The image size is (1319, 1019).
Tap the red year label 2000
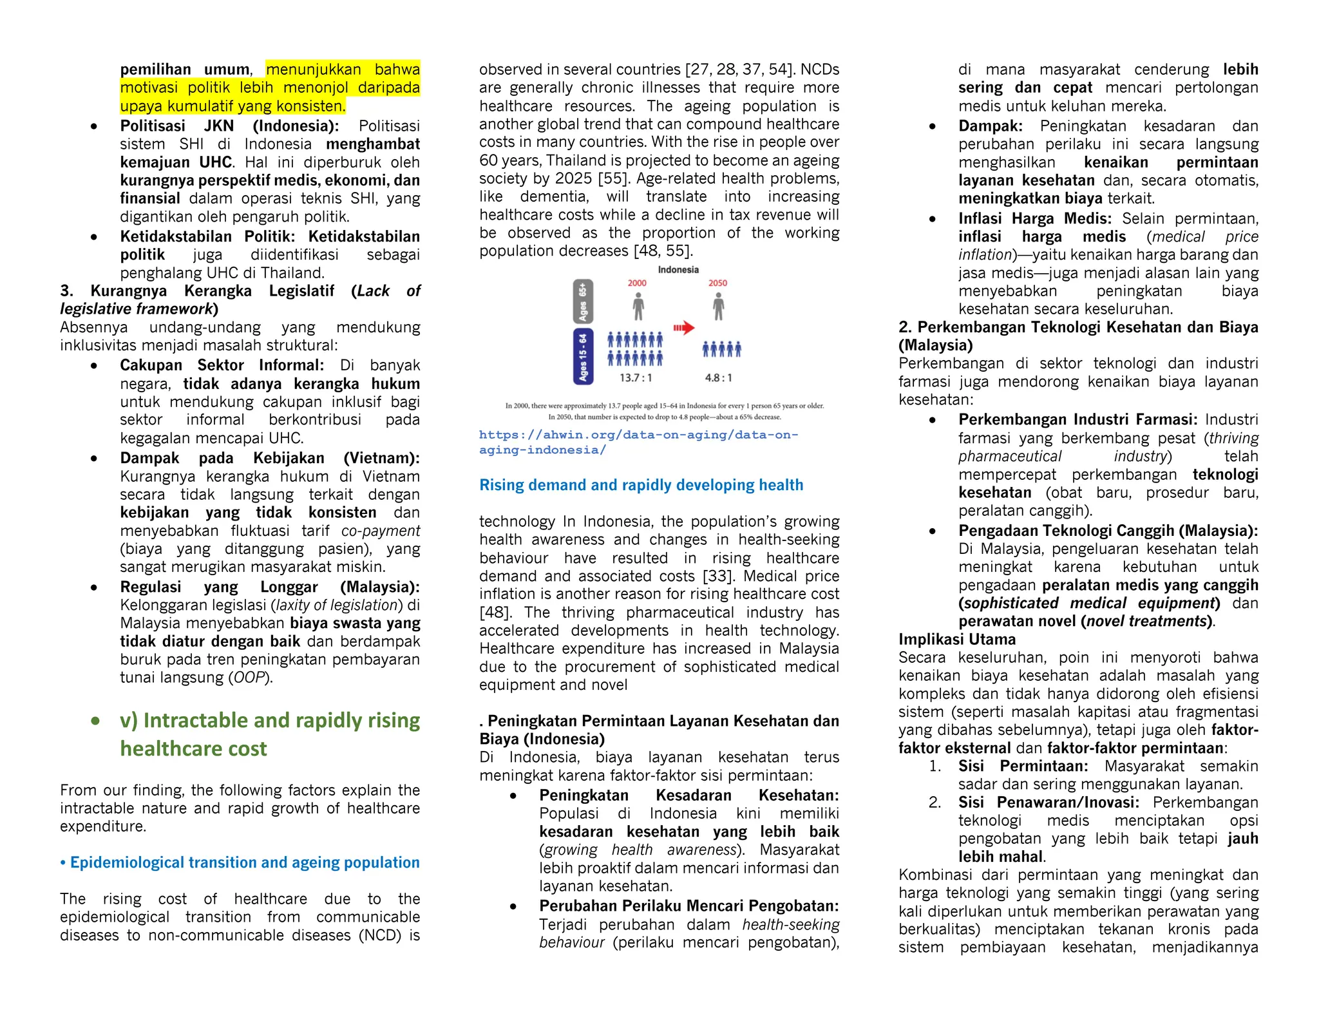click(x=637, y=283)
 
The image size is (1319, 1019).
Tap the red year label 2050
click(x=717, y=283)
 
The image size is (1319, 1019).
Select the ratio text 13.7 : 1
click(x=636, y=378)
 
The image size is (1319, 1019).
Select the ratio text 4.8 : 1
click(x=719, y=378)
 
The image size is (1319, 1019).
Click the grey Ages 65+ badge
click(x=583, y=301)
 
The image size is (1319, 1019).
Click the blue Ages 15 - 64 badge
click(x=583, y=356)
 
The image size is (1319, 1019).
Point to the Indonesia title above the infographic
click(x=678, y=270)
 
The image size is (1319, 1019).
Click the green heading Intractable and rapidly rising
click(x=269, y=720)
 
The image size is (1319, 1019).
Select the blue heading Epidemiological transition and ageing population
click(x=244, y=862)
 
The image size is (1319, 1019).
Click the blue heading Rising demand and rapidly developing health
click(x=641, y=485)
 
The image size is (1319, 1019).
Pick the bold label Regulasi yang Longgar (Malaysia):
click(x=269, y=587)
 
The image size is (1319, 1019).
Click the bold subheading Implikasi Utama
click(x=957, y=640)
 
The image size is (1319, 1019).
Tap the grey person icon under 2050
click(x=718, y=307)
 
